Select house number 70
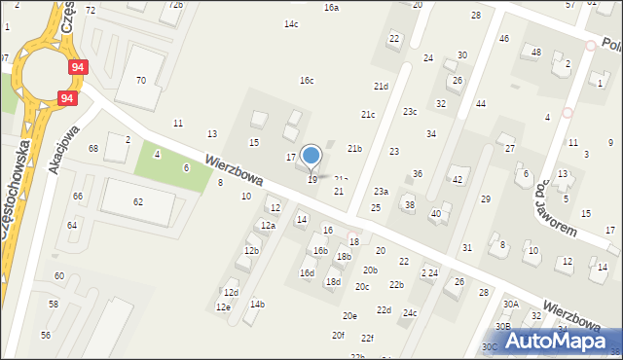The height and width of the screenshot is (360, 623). (141, 80)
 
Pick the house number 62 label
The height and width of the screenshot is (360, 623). (138, 201)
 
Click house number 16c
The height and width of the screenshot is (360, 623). (307, 80)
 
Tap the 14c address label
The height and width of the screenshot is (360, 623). (291, 23)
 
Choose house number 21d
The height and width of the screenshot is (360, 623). (381, 87)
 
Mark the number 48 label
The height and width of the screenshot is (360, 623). (536, 51)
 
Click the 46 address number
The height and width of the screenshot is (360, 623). (504, 38)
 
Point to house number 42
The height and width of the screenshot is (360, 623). (457, 179)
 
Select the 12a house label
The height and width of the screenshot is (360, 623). (268, 226)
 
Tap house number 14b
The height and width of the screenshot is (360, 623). (257, 304)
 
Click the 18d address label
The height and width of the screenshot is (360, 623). (333, 282)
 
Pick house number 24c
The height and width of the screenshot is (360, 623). (411, 312)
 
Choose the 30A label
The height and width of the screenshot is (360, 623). (511, 305)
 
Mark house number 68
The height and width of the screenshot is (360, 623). (93, 148)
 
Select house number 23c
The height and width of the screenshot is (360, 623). (410, 111)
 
